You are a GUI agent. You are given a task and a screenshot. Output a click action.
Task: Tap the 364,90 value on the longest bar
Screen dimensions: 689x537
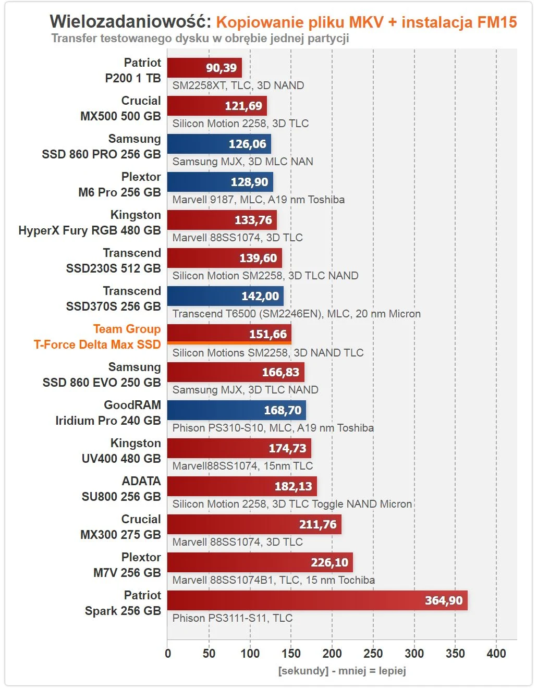pyautogui.click(x=443, y=600)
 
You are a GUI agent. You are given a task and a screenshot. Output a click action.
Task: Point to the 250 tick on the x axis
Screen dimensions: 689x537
pyautogui.click(x=373, y=653)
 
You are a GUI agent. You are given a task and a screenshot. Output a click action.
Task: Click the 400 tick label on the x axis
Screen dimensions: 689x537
pyautogui.click(x=496, y=653)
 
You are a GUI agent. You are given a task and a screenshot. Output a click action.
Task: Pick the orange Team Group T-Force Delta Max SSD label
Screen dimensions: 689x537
pyautogui.click(x=97, y=337)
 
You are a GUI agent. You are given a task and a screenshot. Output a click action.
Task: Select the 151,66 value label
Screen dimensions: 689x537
pyautogui.click(x=268, y=334)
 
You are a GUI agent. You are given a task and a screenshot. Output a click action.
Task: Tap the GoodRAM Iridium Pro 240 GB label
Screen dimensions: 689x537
pyautogui.click(x=108, y=413)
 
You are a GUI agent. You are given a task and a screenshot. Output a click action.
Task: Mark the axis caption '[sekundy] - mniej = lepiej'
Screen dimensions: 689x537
pyautogui.click(x=342, y=671)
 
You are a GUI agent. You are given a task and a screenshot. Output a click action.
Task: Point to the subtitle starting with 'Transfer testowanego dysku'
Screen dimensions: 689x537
pyautogui.click(x=200, y=38)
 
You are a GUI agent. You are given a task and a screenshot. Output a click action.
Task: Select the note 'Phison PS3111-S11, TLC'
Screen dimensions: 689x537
pyautogui.click(x=233, y=618)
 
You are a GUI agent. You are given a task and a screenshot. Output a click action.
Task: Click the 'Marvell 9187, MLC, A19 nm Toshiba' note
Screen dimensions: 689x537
pyautogui.click(x=259, y=200)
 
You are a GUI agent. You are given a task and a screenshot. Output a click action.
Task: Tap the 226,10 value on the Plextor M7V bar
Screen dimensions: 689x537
pyautogui.click(x=329, y=562)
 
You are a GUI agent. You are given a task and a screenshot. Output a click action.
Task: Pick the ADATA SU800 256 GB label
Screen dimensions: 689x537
pyautogui.click(x=121, y=489)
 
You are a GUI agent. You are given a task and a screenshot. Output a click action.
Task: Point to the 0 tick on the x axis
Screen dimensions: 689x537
pyautogui.click(x=168, y=653)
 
